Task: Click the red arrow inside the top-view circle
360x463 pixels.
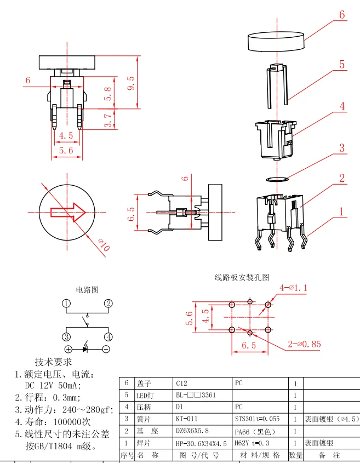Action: tap(68, 212)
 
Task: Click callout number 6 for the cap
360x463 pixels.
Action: tap(342, 15)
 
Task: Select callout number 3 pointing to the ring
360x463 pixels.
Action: tap(342, 148)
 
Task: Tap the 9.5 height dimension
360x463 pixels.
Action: tap(131, 83)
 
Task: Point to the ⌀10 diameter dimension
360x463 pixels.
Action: tap(104, 245)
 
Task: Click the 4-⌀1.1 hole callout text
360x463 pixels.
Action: tap(294, 287)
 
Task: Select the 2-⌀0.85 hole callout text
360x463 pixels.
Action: tap(304, 344)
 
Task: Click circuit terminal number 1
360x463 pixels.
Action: tap(66, 304)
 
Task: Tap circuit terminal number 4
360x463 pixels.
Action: tap(108, 337)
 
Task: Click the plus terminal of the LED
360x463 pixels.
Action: tap(68, 350)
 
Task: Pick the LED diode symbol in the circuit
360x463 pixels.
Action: tap(85, 348)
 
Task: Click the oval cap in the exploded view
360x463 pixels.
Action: tap(276, 41)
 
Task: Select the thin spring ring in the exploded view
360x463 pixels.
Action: tap(277, 179)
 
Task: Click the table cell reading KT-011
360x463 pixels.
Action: tap(187, 419)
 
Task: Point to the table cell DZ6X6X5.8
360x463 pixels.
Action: tap(192, 431)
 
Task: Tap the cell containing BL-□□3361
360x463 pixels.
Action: tap(196, 395)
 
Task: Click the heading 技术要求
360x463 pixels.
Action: tap(54, 362)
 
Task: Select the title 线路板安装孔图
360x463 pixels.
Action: tap(242, 277)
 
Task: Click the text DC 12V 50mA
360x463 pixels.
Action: tap(53, 385)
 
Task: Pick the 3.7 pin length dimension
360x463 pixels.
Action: tap(108, 119)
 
